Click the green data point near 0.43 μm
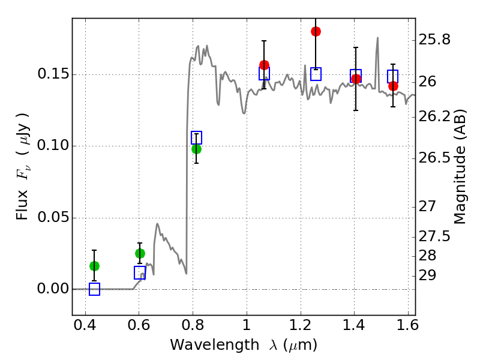[94, 266]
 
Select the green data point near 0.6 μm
[140, 253]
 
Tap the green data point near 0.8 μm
[196, 149]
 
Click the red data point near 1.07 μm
[264, 65]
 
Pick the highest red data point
[316, 31]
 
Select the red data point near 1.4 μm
[356, 79]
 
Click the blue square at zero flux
[94, 289]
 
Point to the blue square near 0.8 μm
[196, 137]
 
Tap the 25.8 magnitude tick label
[435, 40]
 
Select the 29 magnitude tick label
[428, 275]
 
